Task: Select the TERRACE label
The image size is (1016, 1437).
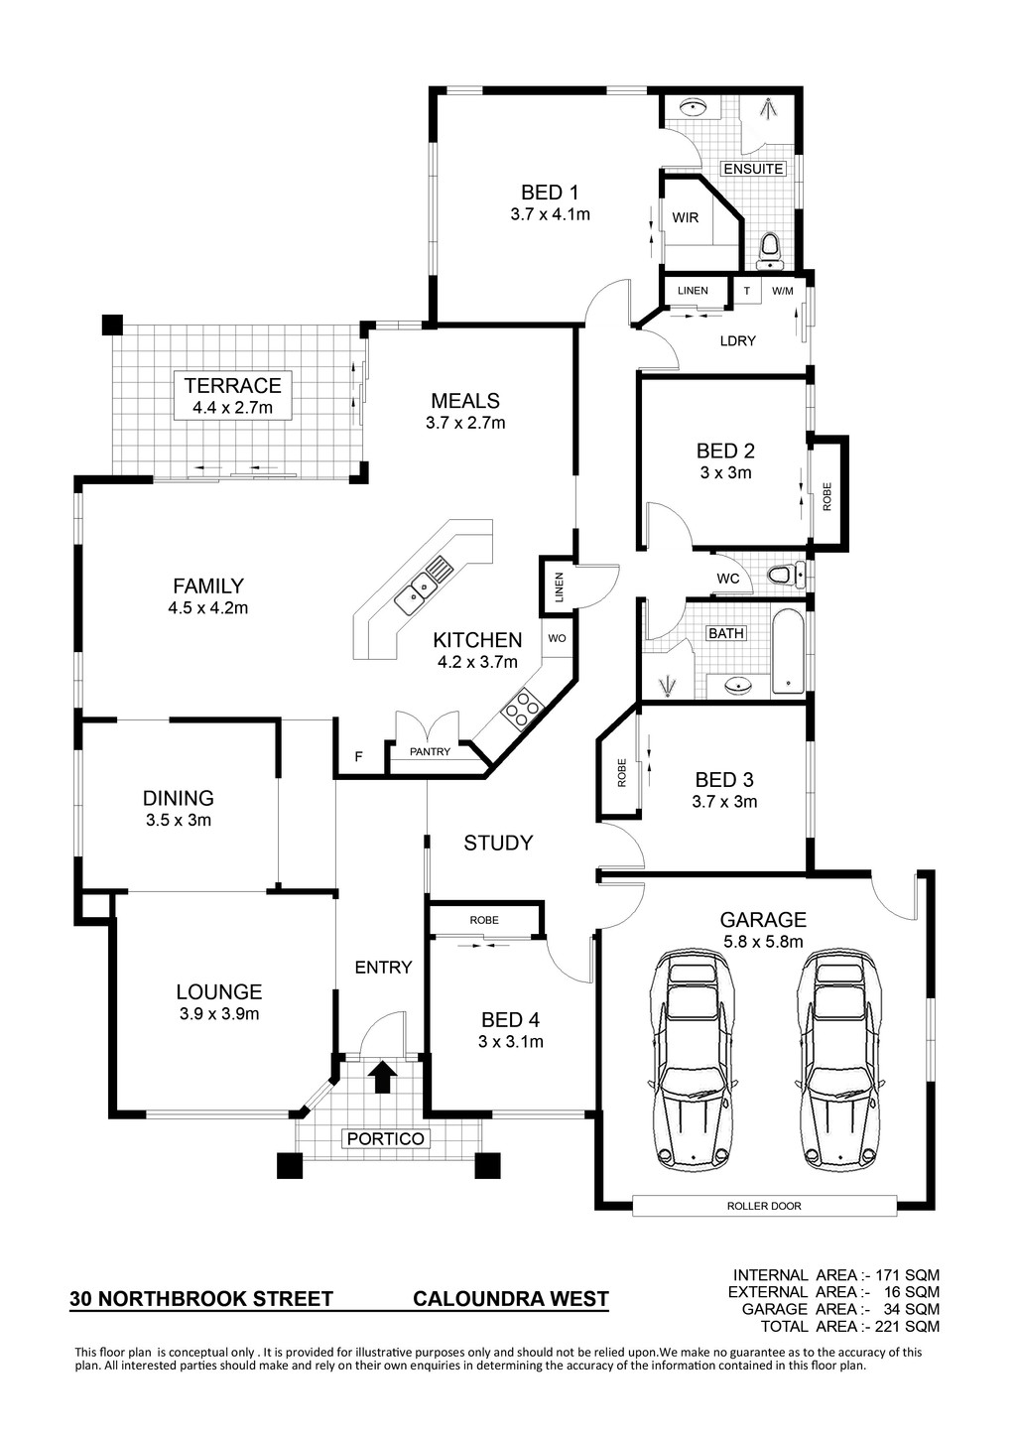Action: (x=233, y=386)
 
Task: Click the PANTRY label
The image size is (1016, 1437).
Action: (x=430, y=751)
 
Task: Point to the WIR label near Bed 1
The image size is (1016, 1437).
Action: (x=685, y=217)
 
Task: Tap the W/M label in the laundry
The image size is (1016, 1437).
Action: (x=783, y=291)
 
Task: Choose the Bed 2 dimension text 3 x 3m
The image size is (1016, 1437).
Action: (x=725, y=472)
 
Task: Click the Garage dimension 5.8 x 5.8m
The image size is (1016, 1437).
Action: (x=762, y=942)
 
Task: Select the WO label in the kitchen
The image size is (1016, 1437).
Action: (x=557, y=638)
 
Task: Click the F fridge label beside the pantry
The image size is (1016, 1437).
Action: (x=358, y=757)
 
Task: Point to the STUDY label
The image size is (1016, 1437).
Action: (x=498, y=843)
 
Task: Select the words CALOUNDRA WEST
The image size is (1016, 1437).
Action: (x=511, y=1299)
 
